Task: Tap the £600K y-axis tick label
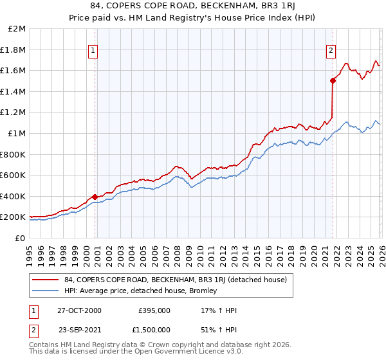[x=13, y=175]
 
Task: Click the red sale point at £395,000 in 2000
[x=95, y=197]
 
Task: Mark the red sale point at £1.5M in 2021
[x=333, y=80]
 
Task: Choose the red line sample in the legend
[x=46, y=280]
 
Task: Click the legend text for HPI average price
[x=141, y=291]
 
